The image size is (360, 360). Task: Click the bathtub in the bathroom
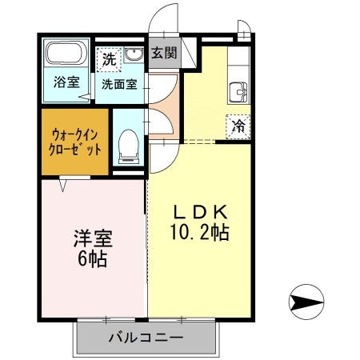[66, 53]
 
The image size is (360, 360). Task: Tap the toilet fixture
[129, 146]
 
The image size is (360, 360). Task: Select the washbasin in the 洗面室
[134, 54]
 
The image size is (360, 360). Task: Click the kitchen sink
[238, 92]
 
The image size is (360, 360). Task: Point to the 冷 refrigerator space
[238, 126]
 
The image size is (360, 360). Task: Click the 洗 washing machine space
[109, 60]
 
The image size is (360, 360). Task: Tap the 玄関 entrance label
[164, 53]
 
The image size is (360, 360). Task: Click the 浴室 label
[66, 82]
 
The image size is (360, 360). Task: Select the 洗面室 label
[119, 84]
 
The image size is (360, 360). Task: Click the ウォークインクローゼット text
[75, 142]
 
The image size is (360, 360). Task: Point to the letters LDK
[201, 212]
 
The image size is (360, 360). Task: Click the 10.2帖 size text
[199, 232]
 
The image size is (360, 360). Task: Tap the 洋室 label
[93, 238]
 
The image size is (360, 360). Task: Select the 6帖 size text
[93, 258]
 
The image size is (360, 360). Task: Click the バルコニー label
[146, 338]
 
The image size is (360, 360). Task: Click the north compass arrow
[306, 302]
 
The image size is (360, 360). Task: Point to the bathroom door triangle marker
[86, 97]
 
